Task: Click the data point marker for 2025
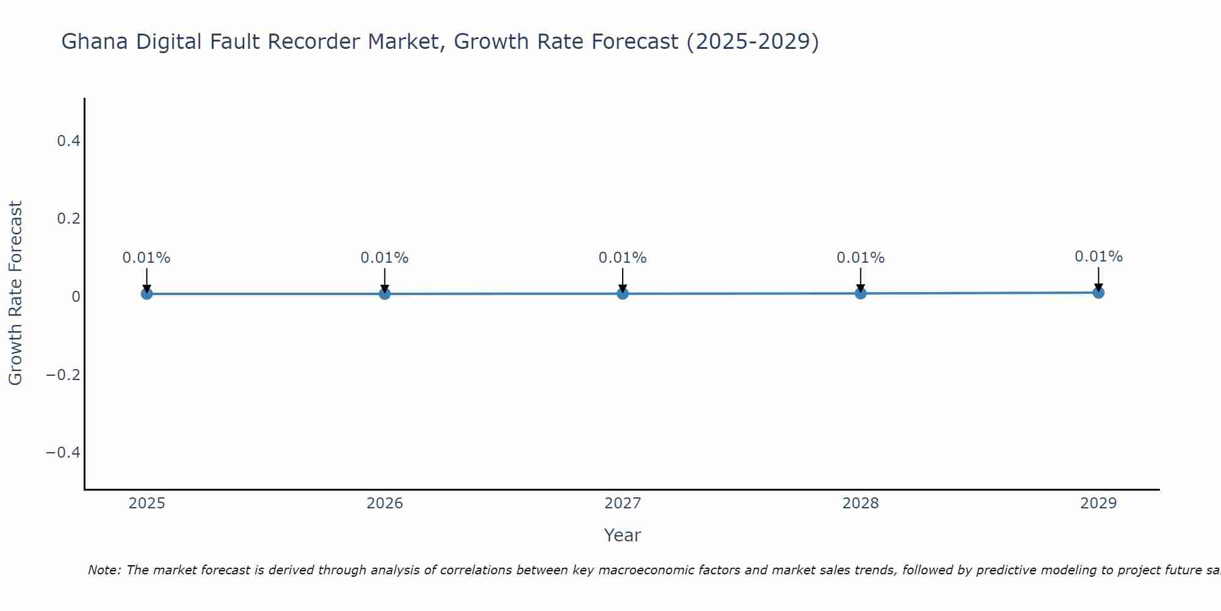(147, 294)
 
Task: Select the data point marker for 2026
(385, 294)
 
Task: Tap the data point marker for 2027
(623, 294)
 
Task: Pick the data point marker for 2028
(860, 293)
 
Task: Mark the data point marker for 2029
(1098, 293)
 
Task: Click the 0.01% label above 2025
(147, 258)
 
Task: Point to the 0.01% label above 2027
(623, 258)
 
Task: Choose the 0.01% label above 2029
(1098, 257)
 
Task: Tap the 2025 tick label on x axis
(147, 503)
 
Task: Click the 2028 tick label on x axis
(860, 503)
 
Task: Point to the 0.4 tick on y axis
(68, 141)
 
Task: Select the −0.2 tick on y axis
(63, 375)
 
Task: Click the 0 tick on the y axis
(76, 297)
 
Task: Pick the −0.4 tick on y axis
(63, 452)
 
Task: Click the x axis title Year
(622, 535)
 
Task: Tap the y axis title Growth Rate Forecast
(16, 293)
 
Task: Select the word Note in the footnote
(103, 570)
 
